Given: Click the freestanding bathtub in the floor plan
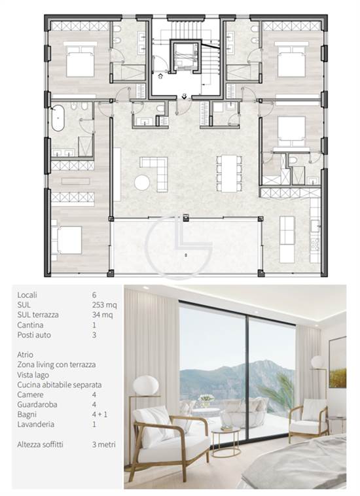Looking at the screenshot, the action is [x=58, y=118].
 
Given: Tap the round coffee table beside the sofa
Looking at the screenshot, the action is [x=142, y=183].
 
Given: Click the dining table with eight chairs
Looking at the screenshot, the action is [x=229, y=173].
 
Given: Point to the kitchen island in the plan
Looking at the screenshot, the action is [x=287, y=239].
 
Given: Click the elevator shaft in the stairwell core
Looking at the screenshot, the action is [x=185, y=56].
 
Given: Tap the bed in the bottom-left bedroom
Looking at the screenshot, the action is [x=67, y=239].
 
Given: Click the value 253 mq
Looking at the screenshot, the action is [x=104, y=305].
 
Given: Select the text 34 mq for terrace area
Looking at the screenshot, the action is [x=103, y=315].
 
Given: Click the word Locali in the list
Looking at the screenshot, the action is [x=27, y=295].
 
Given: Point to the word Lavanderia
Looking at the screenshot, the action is [x=36, y=424].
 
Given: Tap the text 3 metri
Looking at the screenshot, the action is [x=104, y=444].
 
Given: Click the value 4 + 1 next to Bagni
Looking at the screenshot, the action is [x=99, y=414].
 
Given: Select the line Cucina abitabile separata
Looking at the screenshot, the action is [x=60, y=385].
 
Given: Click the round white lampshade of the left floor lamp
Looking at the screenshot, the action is [x=146, y=385].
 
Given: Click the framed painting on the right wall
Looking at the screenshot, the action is [x=338, y=363].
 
